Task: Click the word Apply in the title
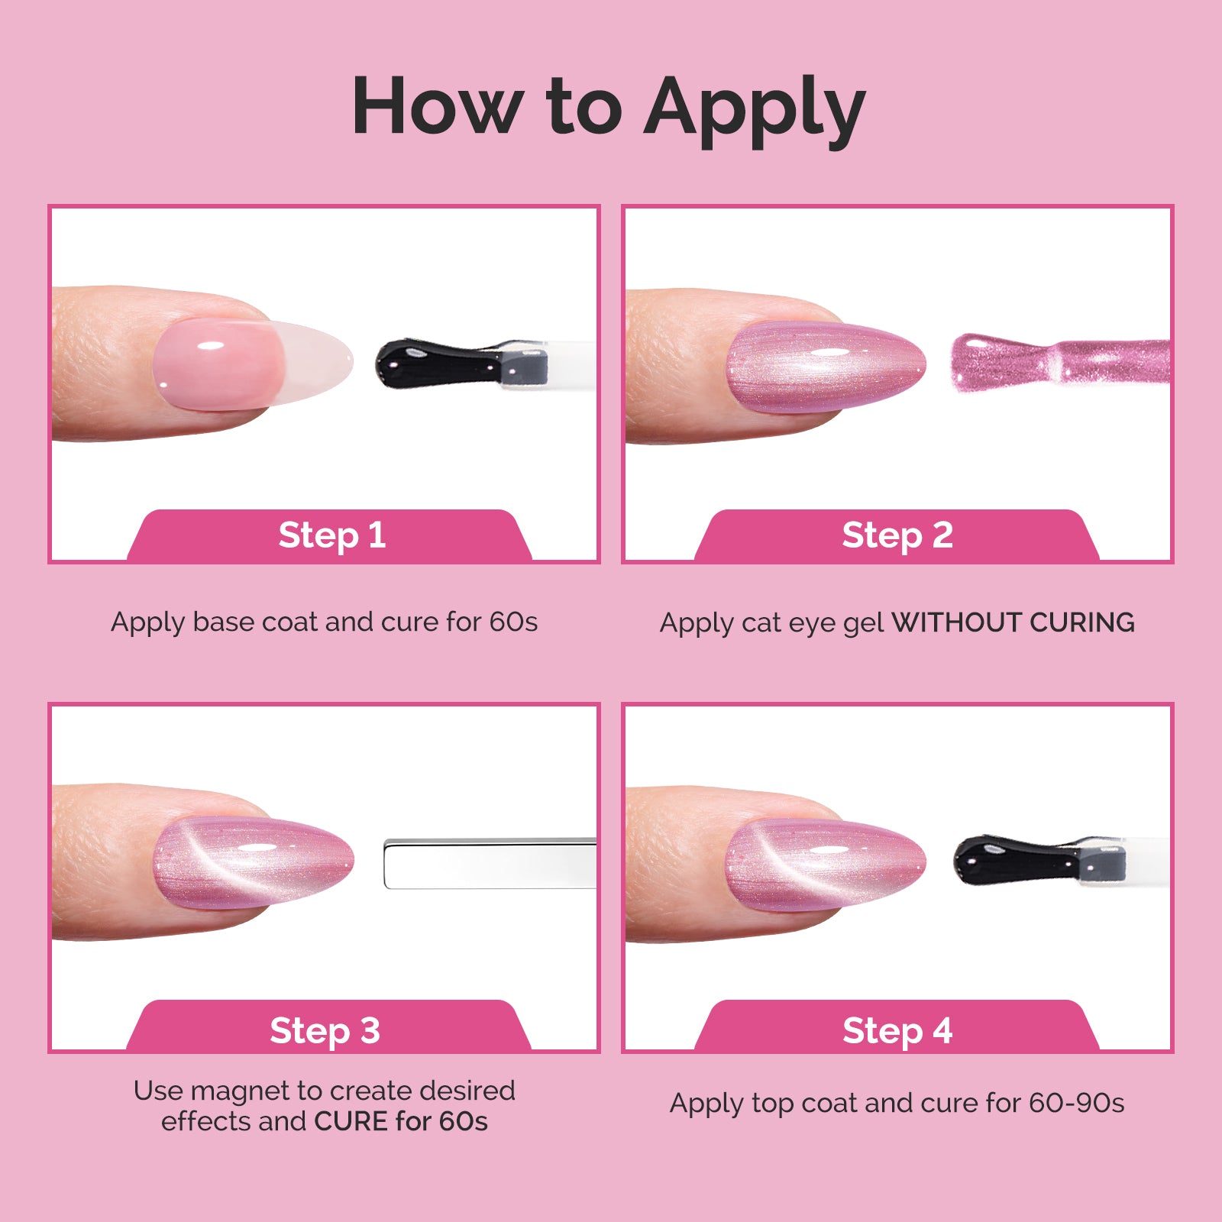click(755, 108)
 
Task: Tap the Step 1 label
click(331, 535)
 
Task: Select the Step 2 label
click(897, 535)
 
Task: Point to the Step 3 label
click(325, 1030)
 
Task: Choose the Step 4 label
click(897, 1030)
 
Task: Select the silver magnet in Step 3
click(489, 864)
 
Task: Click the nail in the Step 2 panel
click(825, 367)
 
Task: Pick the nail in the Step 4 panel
click(825, 863)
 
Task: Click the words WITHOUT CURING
click(1013, 622)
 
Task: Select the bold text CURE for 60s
click(400, 1121)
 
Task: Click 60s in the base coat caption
click(513, 622)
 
